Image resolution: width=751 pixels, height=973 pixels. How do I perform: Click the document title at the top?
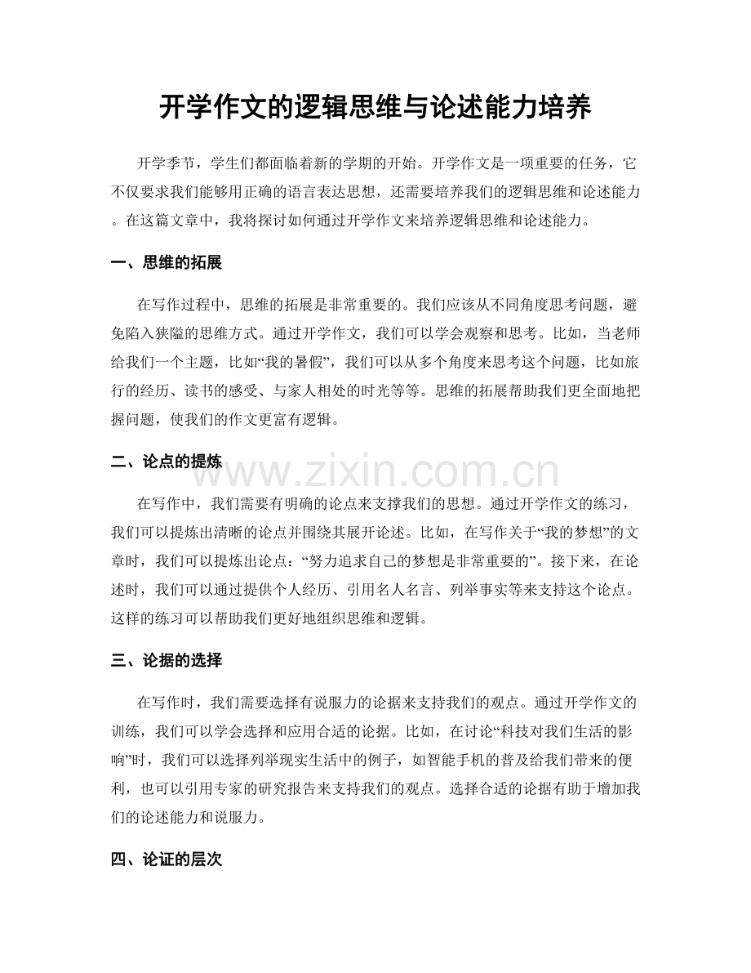point(375,107)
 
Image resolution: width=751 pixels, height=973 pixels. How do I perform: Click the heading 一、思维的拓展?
point(166,263)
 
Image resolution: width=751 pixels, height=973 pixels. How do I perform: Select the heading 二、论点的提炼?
point(166,462)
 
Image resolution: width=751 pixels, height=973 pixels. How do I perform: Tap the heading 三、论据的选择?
point(166,660)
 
